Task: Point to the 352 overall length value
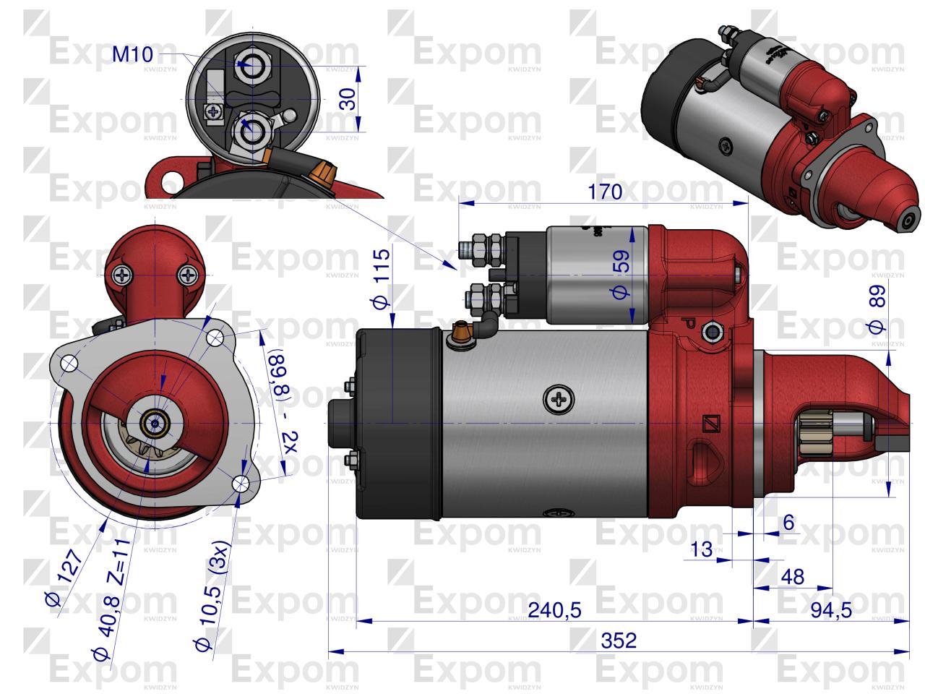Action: pyautogui.click(x=619, y=640)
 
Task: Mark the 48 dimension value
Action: pyautogui.click(x=793, y=576)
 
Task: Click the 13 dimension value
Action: pyautogui.click(x=700, y=549)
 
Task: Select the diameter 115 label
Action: pyautogui.click(x=382, y=278)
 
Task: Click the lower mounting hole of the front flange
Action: pyautogui.click(x=241, y=482)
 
